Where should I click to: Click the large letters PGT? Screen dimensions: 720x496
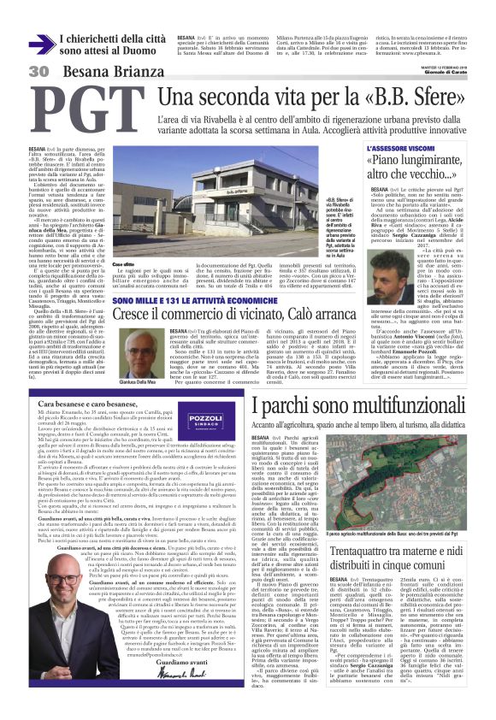tap(81, 109)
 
